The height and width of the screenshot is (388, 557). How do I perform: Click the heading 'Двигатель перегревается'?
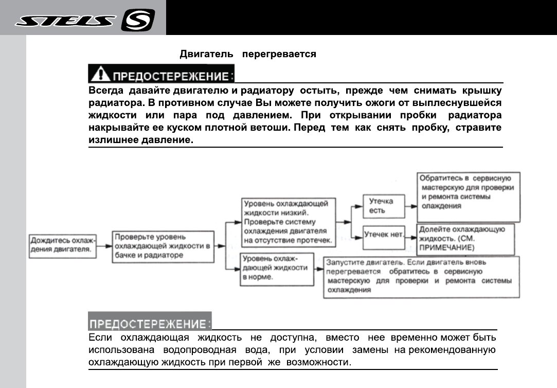[247, 54]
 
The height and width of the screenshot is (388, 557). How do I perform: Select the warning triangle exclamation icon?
[100, 75]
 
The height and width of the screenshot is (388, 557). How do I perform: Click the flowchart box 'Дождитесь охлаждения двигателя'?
[62, 245]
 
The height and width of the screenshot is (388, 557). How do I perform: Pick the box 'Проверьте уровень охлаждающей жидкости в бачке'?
[163, 246]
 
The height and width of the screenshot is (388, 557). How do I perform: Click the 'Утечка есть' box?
[383, 206]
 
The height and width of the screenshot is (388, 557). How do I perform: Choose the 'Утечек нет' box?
[383, 234]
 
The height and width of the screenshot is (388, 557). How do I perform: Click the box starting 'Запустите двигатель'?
[420, 276]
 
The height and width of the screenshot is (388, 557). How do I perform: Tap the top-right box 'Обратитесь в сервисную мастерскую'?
[468, 191]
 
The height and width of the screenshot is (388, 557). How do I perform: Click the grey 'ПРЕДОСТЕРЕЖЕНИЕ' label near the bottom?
[150, 324]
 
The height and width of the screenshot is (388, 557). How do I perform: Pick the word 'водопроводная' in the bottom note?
[199, 350]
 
